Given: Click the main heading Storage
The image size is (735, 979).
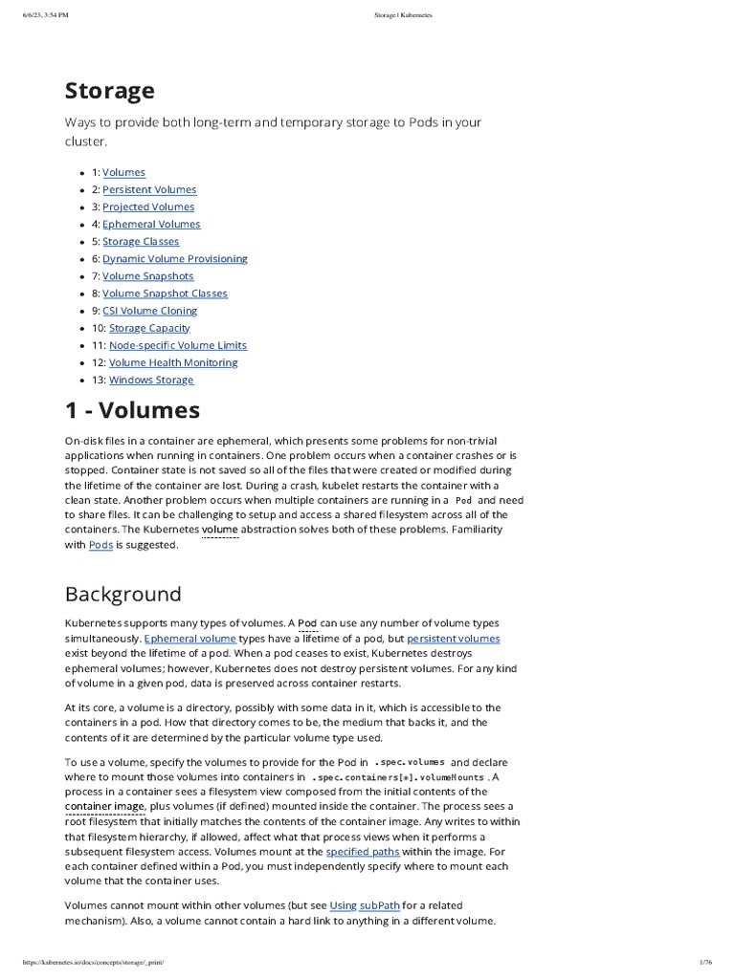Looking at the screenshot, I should [109, 91].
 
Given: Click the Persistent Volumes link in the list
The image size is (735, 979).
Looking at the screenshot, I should [149, 189].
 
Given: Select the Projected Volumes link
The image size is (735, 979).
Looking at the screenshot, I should [148, 207].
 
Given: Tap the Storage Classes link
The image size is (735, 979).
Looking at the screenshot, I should [141, 241].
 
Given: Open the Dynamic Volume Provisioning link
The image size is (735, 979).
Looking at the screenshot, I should [175, 258].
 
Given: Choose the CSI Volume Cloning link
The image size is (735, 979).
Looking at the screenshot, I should [150, 311].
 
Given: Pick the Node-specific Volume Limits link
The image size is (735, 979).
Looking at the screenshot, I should [178, 345].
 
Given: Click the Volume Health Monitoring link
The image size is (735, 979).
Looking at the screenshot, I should [173, 362].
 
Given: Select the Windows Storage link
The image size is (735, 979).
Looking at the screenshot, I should [151, 380].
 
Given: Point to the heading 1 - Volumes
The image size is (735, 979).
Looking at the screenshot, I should [132, 410].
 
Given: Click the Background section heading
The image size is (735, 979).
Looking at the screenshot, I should [122, 594].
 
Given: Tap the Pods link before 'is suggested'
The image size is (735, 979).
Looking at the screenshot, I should [100, 545].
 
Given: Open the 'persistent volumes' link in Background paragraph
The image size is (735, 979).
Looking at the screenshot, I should [453, 638].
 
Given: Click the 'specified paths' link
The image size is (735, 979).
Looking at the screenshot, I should [362, 851].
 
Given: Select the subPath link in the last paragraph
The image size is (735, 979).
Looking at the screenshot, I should [380, 904].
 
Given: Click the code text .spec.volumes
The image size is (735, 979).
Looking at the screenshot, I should [410, 762].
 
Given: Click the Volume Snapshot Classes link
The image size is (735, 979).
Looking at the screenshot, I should [165, 294].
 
